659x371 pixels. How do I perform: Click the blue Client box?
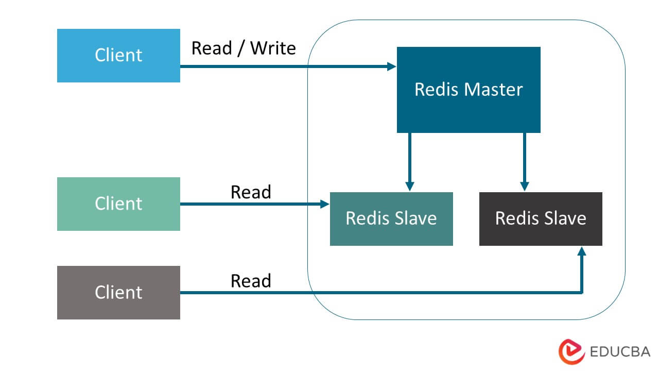[118, 56]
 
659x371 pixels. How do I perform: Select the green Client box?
[118, 204]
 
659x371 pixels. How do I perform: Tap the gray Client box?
[118, 292]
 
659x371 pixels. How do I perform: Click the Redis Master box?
[469, 90]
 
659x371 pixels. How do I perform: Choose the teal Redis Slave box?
[391, 218]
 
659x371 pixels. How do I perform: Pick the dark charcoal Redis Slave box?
[541, 218]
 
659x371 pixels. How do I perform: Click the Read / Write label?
[244, 48]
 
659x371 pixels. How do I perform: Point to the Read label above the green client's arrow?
[251, 192]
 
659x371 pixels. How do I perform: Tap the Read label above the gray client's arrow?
[251, 281]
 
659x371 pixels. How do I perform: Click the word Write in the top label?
[273, 48]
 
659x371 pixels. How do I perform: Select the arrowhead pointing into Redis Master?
[392, 66]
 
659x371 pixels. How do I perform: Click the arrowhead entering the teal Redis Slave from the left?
[325, 204]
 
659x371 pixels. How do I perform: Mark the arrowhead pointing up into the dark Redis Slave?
[582, 250]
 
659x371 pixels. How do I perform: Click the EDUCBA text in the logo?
[620, 352]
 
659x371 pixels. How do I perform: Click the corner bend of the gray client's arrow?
[582, 293]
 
